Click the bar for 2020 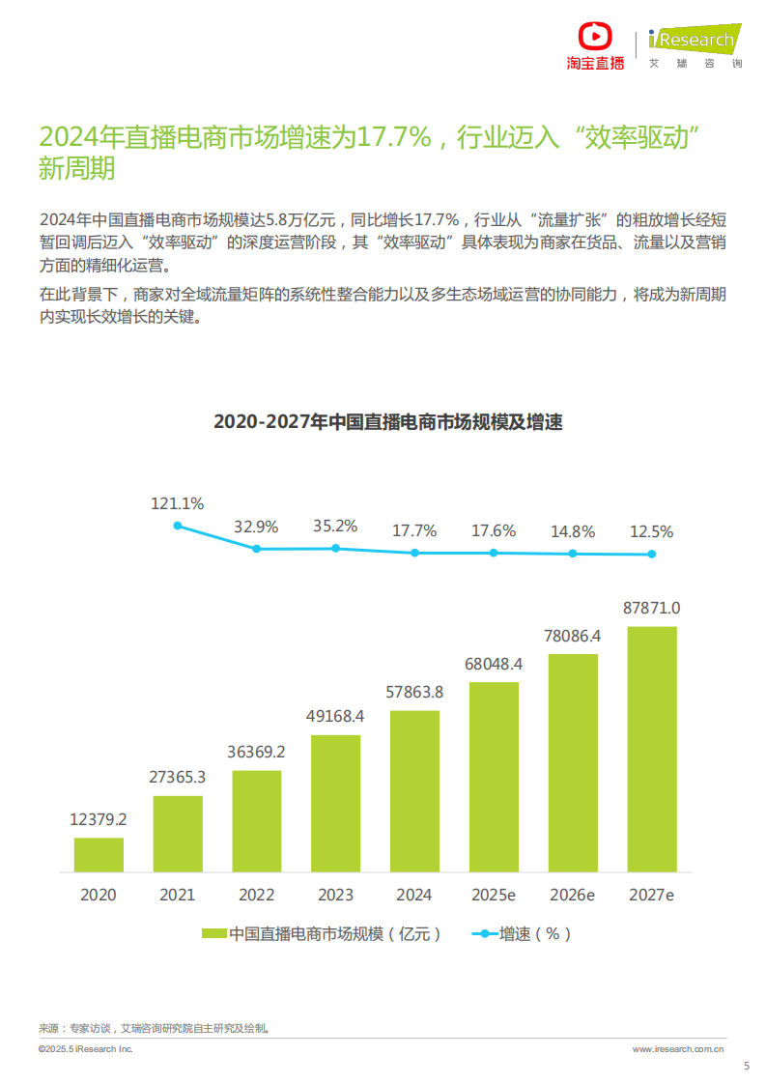tap(99, 854)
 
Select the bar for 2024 tap(415, 790)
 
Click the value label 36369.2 tap(257, 752)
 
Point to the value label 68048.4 tap(494, 664)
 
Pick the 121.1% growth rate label tap(177, 503)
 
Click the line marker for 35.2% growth tap(336, 548)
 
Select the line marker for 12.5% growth tap(652, 554)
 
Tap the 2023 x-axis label tap(336, 895)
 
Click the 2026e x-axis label tap(573, 895)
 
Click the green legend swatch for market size tap(213, 933)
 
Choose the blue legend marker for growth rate tap(483, 933)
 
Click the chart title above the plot tap(387, 422)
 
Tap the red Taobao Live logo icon tap(595, 38)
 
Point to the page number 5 tap(746, 1066)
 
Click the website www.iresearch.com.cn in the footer tap(678, 1048)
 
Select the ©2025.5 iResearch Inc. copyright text tap(86, 1048)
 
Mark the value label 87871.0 tap(652, 608)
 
